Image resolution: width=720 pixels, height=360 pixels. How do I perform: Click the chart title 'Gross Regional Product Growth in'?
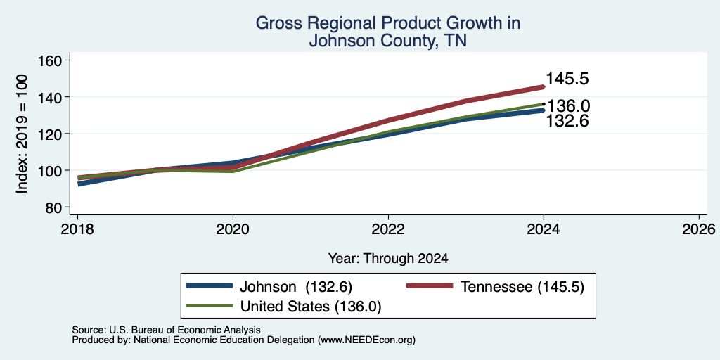pyautogui.click(x=388, y=23)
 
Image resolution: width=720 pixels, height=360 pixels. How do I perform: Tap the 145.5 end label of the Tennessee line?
pyautogui.click(x=567, y=79)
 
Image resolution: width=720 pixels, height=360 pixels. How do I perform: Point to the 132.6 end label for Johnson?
pyautogui.click(x=567, y=121)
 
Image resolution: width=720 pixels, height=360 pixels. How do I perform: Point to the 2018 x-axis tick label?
pyautogui.click(x=77, y=229)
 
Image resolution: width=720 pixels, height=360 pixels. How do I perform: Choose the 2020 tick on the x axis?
pyautogui.click(x=233, y=229)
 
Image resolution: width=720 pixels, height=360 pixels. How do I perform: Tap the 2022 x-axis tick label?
pyautogui.click(x=388, y=229)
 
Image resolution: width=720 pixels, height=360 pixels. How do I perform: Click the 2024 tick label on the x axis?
pyautogui.click(x=544, y=229)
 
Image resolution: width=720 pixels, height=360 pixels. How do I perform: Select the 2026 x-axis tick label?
pyautogui.click(x=699, y=229)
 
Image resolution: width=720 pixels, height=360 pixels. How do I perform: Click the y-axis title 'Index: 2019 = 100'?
pyautogui.click(x=22, y=134)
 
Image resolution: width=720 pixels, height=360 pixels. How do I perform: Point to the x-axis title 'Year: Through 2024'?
pyautogui.click(x=388, y=259)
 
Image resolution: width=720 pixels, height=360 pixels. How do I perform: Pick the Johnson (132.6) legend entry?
pyautogui.click(x=269, y=287)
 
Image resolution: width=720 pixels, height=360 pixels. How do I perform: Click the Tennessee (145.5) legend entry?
pyautogui.click(x=496, y=287)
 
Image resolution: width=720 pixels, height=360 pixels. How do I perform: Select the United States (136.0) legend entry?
pyautogui.click(x=283, y=307)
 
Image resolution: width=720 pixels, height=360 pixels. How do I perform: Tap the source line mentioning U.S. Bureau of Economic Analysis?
pyautogui.click(x=166, y=330)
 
